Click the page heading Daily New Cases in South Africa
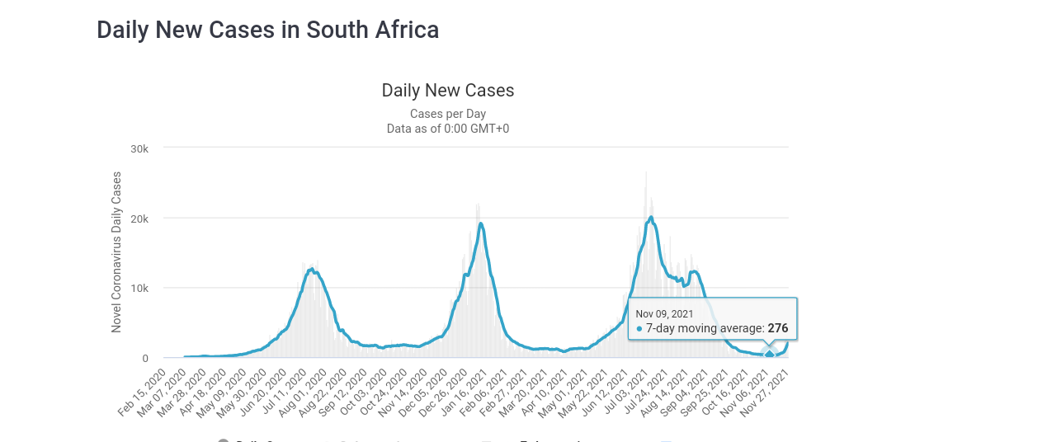click(x=267, y=30)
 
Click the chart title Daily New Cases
click(x=448, y=91)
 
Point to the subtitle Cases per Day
click(x=448, y=114)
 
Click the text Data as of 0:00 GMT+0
click(x=448, y=129)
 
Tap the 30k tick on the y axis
click(x=139, y=148)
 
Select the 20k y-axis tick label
click(x=139, y=219)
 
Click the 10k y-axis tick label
click(x=139, y=289)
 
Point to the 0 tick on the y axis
click(x=145, y=359)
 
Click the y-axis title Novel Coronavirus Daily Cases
click(x=116, y=252)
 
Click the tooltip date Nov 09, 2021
click(x=664, y=313)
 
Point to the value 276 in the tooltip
click(x=778, y=328)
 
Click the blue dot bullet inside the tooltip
click(x=639, y=328)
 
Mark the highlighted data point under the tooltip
click(x=770, y=355)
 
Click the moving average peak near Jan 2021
click(x=480, y=223)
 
